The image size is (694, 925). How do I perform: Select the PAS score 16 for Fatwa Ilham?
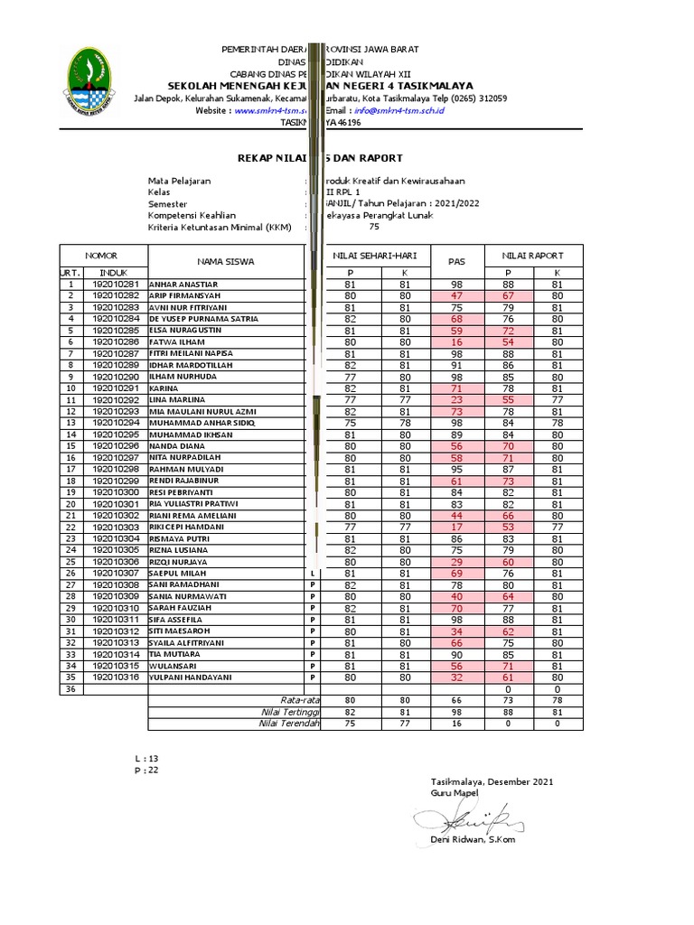[x=456, y=341]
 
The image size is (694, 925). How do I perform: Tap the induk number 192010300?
[x=116, y=492]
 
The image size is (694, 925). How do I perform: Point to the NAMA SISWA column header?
[x=226, y=262]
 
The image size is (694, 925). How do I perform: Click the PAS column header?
[x=456, y=262]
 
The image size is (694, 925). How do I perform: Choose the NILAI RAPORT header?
[x=533, y=256]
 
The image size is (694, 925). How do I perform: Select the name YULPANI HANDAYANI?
[x=190, y=677]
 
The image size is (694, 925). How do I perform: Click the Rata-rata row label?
[x=300, y=699]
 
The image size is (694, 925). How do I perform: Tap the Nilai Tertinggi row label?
[x=290, y=711]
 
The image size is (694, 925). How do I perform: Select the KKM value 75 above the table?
[x=375, y=228]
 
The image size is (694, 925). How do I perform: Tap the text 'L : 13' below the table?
[x=145, y=759]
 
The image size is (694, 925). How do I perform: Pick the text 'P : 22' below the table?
[x=145, y=770]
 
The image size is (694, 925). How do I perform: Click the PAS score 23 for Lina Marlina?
[x=456, y=399]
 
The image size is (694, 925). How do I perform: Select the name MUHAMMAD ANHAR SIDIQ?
[x=201, y=423]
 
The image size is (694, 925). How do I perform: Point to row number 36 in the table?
[x=70, y=688]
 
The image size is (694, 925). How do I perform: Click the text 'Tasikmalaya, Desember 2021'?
[x=492, y=781]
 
